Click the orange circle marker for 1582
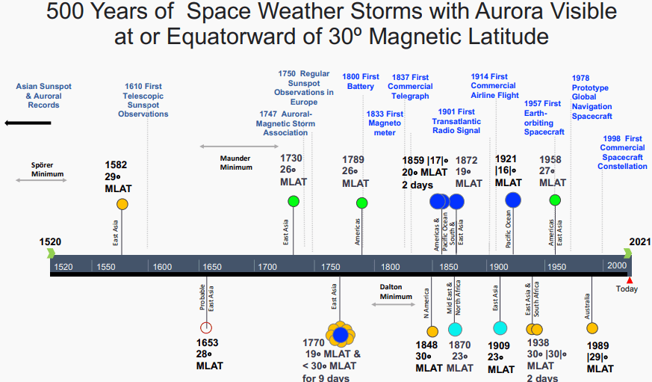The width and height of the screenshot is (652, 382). coord(122,204)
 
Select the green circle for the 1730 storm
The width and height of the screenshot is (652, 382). coord(294,200)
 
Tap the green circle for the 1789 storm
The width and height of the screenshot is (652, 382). coord(362,203)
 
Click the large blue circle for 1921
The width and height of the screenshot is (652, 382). coord(513,200)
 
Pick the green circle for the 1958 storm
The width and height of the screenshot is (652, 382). coord(555,200)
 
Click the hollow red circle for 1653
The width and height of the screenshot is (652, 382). coord(207,327)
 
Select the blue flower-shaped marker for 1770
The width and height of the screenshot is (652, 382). coord(341,334)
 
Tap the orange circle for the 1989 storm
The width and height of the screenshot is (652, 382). coord(592,328)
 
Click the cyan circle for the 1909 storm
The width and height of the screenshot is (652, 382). coord(500,328)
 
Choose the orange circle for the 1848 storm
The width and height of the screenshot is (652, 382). coord(432,331)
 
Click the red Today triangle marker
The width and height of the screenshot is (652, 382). coord(630,280)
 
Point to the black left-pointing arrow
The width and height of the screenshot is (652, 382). coord(28,122)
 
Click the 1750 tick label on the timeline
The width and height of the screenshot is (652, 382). coord(331,267)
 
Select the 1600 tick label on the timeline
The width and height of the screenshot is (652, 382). coord(162,267)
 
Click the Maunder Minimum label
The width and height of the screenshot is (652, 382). coord(235,162)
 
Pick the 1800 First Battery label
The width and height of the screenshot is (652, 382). coord(361,81)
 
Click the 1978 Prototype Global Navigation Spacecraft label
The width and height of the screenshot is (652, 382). coord(592,97)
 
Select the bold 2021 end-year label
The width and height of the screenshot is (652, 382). coord(640,241)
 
